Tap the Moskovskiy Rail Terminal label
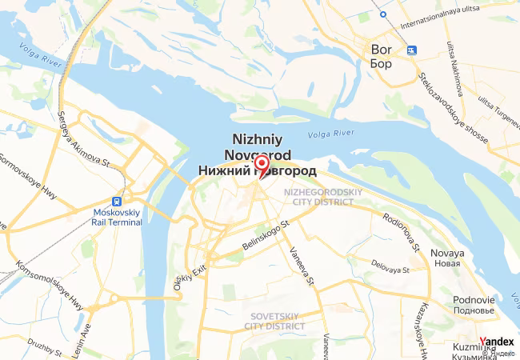[x=118, y=217]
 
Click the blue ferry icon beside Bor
[x=411, y=50]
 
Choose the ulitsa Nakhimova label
[x=459, y=72]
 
